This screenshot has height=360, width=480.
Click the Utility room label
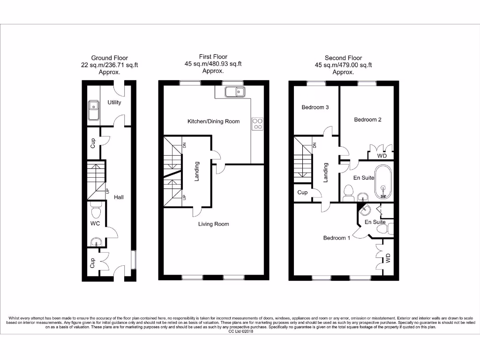tap(114, 102)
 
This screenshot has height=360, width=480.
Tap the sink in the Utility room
tap(93, 110)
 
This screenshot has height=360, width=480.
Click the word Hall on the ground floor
tap(119, 197)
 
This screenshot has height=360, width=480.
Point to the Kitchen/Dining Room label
tap(213, 121)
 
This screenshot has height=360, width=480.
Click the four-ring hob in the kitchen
tap(257, 123)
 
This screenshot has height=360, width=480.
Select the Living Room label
tap(213, 224)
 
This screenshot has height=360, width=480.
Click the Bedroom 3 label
tap(315, 107)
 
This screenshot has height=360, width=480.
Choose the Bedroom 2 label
tap(367, 120)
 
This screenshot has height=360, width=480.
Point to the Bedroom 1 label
tap(337, 238)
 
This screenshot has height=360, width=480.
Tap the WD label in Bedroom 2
tap(382, 156)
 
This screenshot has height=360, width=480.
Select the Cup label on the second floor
tap(302, 193)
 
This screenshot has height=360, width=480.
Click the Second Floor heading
tap(343, 58)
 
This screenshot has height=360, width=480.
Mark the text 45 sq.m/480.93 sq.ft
tap(213, 64)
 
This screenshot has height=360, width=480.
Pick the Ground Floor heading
tap(109, 58)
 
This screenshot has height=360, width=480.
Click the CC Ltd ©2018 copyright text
tap(240, 331)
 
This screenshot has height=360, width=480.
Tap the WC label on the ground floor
tap(95, 224)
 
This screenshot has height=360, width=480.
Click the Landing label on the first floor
tap(197, 172)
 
